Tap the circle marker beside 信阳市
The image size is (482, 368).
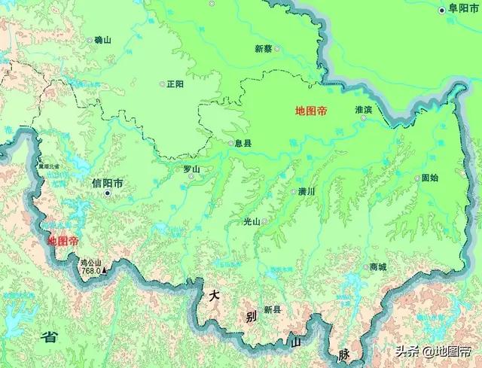point(108,193)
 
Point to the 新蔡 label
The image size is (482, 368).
point(263,48)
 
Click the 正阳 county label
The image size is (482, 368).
point(175,84)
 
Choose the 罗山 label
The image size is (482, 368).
point(192,169)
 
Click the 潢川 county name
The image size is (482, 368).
point(306,191)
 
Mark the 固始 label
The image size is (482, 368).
point(429,178)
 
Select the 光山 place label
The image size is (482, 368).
point(251,221)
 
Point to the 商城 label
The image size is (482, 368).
point(377,267)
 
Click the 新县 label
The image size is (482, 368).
point(272,309)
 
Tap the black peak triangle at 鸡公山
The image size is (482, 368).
point(105,266)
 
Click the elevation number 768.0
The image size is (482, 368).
point(91,270)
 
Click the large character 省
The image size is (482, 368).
point(50,336)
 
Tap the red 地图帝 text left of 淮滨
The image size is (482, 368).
point(311,111)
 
